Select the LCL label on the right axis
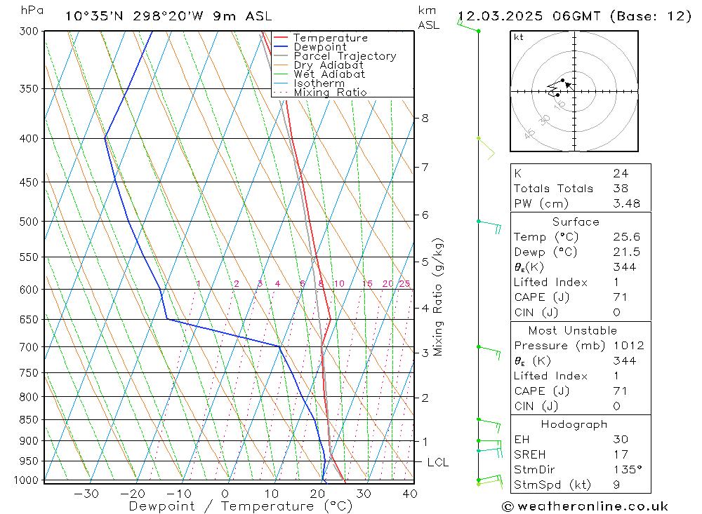pos(437,462)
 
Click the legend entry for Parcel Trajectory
pos(344,56)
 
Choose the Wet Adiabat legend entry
pos(329,74)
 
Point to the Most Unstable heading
pos(573,330)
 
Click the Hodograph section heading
pos(574,424)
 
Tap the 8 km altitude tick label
pos(425,118)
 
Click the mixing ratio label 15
pos(367,283)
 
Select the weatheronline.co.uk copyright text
pos(585,506)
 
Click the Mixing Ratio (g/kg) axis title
pos(439,297)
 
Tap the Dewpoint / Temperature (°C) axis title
pos(240,506)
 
